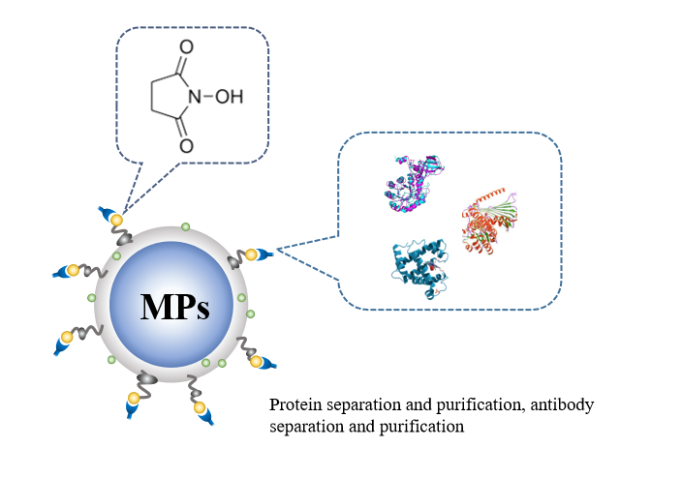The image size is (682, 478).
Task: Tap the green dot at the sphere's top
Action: coord(186,227)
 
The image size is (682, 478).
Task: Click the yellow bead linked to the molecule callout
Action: coord(116,222)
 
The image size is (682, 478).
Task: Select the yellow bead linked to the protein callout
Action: coord(251,255)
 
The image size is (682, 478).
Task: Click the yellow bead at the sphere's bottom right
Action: coord(256,362)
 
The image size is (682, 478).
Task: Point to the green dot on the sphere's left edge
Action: coord(92,297)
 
